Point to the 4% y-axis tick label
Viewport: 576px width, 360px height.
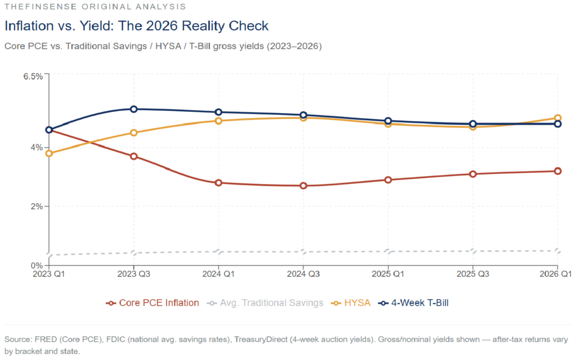click(x=37, y=147)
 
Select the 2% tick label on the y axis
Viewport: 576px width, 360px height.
click(x=37, y=206)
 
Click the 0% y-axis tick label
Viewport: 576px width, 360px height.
click(x=37, y=265)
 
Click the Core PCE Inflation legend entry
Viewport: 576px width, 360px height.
click(x=152, y=303)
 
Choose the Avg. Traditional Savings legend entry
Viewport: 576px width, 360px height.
click(x=265, y=303)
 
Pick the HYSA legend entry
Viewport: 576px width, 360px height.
click(x=351, y=303)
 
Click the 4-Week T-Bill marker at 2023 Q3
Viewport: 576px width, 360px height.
click(x=134, y=109)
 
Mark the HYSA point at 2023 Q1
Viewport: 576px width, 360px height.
click(x=49, y=153)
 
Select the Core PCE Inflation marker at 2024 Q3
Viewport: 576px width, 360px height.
click(x=304, y=186)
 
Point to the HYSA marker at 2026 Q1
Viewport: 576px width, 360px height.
click(x=557, y=118)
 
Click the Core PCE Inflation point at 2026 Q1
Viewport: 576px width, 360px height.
click(x=557, y=171)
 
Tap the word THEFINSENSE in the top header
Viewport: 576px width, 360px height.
click(x=34, y=7)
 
